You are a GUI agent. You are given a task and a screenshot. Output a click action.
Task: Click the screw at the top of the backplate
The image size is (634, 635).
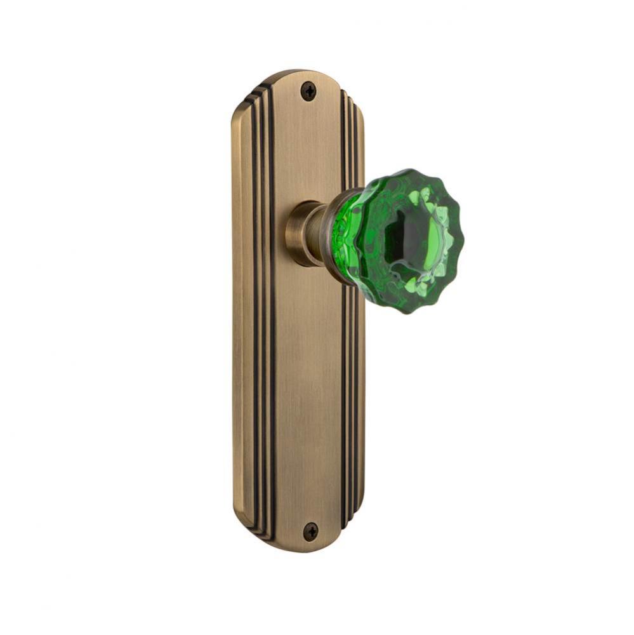click(x=308, y=91)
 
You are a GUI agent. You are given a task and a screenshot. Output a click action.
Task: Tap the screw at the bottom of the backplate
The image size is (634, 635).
click(x=310, y=531)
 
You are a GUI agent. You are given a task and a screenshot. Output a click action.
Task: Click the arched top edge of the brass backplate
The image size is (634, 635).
click(x=298, y=72)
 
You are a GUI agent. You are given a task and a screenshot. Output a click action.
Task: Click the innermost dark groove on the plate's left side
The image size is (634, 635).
click(x=272, y=317)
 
